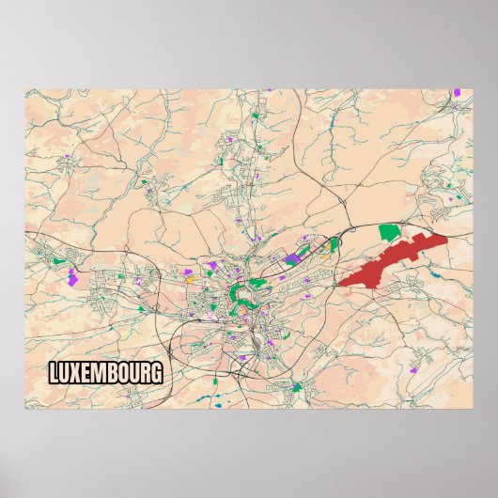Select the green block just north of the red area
pyautogui.click(x=388, y=231)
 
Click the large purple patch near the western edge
pyautogui.click(x=72, y=276)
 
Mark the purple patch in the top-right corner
pyautogui.click(x=457, y=93)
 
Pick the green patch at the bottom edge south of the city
pyautogui.click(x=297, y=386)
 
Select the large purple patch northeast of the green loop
pyautogui.click(x=293, y=257)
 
